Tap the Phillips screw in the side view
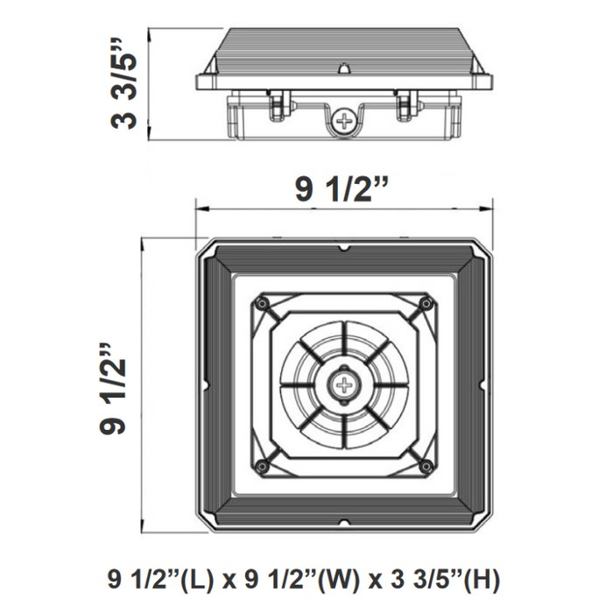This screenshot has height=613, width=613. (x=348, y=122)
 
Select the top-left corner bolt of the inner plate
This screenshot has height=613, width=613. (x=261, y=303)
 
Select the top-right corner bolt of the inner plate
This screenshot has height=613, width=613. (x=426, y=303)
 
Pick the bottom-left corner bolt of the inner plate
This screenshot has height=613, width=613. (x=261, y=465)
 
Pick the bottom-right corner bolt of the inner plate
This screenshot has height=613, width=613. (x=426, y=465)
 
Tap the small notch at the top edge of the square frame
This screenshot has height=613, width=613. (x=342, y=248)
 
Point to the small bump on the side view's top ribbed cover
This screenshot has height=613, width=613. (x=345, y=67)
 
